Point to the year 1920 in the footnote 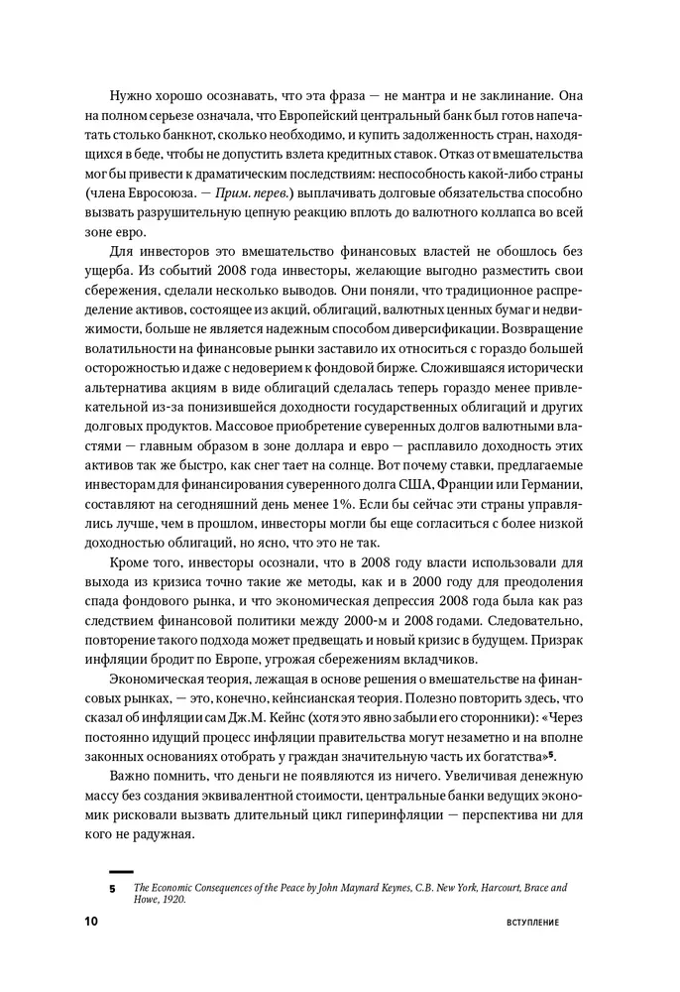[174, 901]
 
